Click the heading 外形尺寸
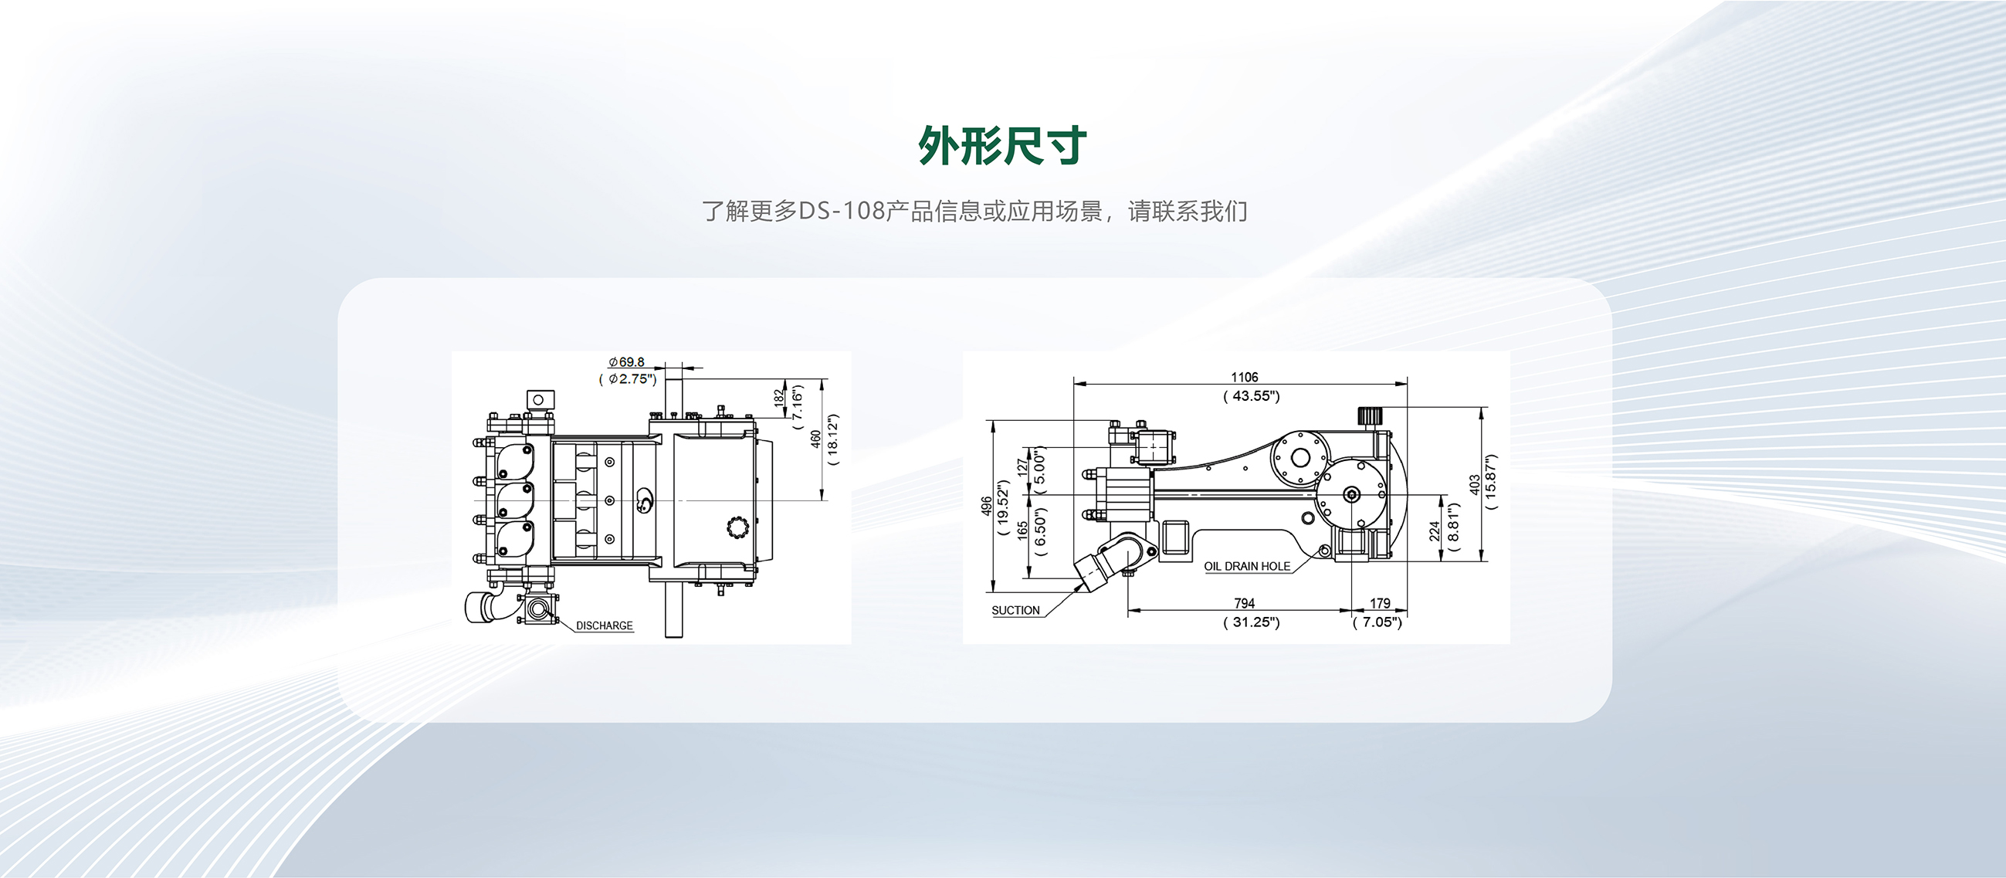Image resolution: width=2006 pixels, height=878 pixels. coord(1002,146)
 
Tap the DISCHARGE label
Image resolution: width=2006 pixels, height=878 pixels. coord(605,625)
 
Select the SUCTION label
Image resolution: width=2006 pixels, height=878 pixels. coord(1015,610)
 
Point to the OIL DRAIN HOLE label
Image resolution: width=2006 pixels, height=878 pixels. coord(1247,566)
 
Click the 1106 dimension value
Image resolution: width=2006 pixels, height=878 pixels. coord(1245,377)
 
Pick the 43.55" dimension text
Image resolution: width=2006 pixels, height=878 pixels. coord(1252,396)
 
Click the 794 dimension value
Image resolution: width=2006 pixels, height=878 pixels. coord(1245,603)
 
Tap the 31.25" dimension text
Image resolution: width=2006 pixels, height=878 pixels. coord(1252,622)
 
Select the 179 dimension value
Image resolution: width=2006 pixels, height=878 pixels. coord(1380,603)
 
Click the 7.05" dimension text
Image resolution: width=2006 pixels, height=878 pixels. coord(1377,622)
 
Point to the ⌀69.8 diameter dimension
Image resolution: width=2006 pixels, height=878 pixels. coord(627,362)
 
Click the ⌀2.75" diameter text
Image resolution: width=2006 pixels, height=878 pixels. coord(629,379)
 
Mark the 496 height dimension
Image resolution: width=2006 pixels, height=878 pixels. coord(987,507)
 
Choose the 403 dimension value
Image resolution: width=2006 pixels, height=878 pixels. coord(1475,485)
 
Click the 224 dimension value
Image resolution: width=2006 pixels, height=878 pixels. coord(1435,531)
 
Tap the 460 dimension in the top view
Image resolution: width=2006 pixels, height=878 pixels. coord(815,439)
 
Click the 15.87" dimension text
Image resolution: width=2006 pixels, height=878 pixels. coord(1491,481)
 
